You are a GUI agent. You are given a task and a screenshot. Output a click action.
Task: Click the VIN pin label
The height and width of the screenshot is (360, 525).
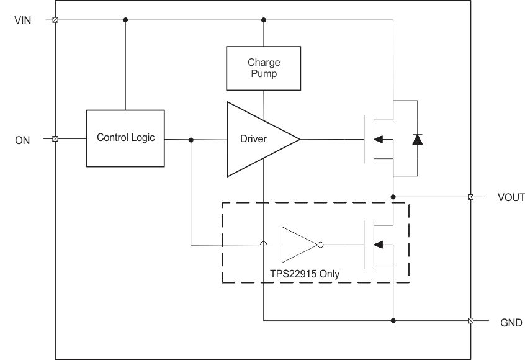22,20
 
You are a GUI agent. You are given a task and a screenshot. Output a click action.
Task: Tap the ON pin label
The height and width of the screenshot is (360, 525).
22,140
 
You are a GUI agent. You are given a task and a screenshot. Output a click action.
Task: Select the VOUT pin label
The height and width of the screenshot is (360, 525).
511,198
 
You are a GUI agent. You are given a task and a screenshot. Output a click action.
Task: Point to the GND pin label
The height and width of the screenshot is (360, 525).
511,323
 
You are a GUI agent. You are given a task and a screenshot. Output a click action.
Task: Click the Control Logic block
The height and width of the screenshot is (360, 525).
125,138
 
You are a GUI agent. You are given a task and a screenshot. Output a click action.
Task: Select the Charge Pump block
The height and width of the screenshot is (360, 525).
264,68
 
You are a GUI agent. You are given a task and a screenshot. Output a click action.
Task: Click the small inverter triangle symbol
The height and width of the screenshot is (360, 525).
297,245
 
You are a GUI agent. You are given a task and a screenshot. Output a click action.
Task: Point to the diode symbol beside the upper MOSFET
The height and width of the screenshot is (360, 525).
417,140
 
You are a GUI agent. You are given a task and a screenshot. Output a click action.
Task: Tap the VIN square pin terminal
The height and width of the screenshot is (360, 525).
55,20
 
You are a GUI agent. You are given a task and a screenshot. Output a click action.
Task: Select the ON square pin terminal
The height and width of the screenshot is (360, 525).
55,139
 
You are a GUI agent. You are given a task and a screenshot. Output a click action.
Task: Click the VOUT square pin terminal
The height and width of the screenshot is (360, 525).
470,197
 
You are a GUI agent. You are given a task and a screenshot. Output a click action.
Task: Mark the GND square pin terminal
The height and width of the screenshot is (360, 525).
470,321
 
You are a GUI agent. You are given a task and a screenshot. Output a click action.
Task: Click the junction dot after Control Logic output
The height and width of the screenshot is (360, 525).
191,140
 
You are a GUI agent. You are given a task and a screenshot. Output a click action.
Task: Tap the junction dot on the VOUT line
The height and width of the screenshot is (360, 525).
393,197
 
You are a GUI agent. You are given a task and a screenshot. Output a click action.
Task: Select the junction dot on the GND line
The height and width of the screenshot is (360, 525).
393,321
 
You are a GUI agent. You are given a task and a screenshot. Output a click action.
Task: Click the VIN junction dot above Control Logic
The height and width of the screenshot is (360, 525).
125,20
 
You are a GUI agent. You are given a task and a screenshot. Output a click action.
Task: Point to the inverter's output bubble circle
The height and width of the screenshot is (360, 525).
320,245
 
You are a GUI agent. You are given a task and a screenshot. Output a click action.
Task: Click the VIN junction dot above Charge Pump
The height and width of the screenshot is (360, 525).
264,20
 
